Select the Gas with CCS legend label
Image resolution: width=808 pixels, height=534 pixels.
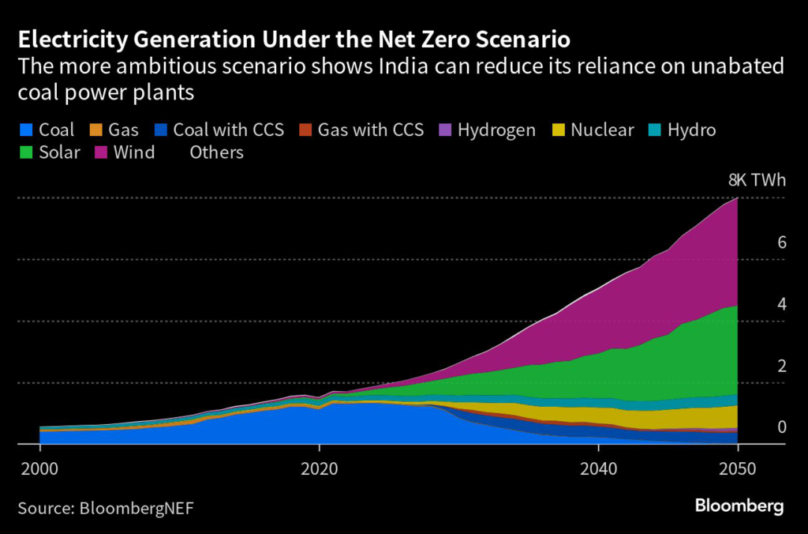(371, 130)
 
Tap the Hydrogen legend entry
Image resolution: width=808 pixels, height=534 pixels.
(496, 130)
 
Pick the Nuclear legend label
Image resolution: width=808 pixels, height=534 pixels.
(602, 130)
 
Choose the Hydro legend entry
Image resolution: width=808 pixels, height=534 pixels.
(691, 130)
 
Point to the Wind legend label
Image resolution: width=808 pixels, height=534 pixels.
(135, 152)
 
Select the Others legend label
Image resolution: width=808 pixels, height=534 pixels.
(216, 152)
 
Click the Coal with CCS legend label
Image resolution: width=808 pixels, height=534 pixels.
(229, 130)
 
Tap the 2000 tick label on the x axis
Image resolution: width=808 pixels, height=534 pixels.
(39, 467)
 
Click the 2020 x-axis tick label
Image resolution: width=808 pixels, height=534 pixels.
(319, 467)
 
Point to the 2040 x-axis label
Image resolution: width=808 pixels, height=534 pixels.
(597, 467)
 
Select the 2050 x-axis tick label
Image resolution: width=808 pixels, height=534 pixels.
(737, 467)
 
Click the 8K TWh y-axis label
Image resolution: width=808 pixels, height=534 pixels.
(757, 180)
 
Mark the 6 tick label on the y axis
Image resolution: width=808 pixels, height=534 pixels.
(782, 243)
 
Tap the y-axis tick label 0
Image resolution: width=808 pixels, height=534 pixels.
(782, 427)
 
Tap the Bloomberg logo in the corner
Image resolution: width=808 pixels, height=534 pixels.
(739, 506)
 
